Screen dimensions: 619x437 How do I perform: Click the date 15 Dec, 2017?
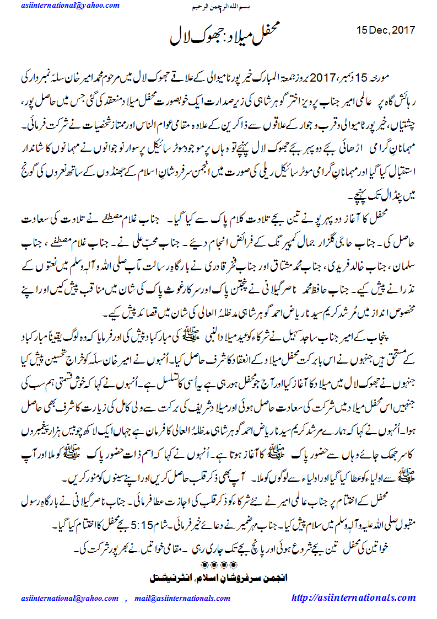pyautogui.click(x=386, y=30)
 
